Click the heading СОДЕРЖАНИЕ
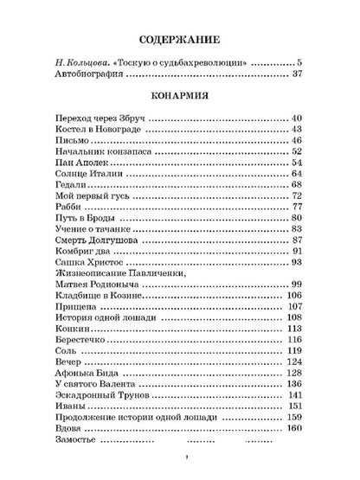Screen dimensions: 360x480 (x=179, y=40)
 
